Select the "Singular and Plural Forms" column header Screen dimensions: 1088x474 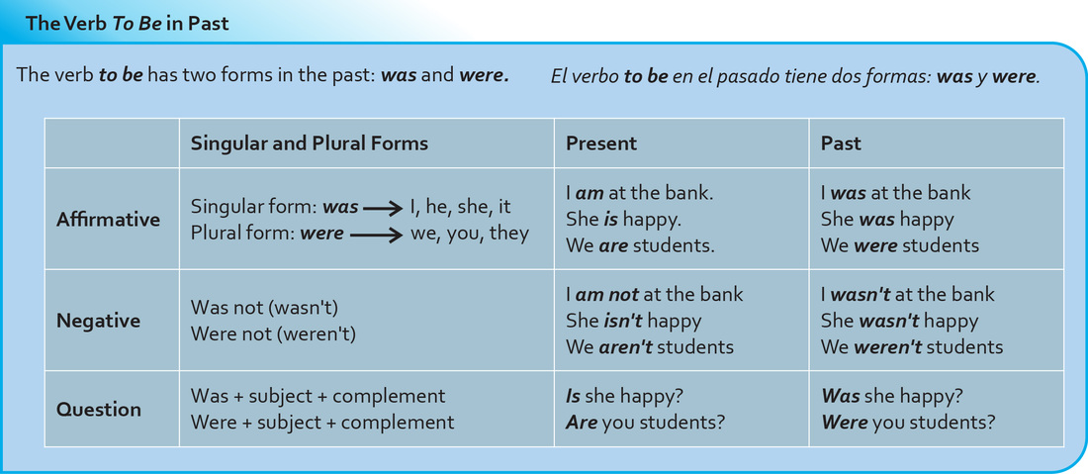click(x=310, y=142)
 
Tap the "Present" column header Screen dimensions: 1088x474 click(x=601, y=142)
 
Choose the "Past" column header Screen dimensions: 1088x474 click(x=841, y=142)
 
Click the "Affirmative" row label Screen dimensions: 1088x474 click(x=108, y=220)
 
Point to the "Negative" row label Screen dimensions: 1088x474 click(x=99, y=321)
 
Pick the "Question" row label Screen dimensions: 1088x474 click(x=99, y=409)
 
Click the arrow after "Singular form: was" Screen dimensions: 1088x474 click(x=383, y=208)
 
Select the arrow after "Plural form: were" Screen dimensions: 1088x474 click(x=376, y=235)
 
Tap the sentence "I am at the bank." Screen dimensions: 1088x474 click(x=640, y=193)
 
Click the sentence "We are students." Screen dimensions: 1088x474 click(x=641, y=245)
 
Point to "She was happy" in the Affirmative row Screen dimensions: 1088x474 click(x=887, y=220)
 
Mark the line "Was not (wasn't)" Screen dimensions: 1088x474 click(x=264, y=308)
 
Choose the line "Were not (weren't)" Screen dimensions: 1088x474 click(x=273, y=333)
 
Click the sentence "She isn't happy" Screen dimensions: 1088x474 click(x=633, y=321)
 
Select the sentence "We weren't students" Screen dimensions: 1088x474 click(x=912, y=346)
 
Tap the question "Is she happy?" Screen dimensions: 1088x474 click(x=624, y=396)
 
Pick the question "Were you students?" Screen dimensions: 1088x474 click(x=908, y=422)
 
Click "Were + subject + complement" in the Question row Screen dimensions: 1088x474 click(x=322, y=422)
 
